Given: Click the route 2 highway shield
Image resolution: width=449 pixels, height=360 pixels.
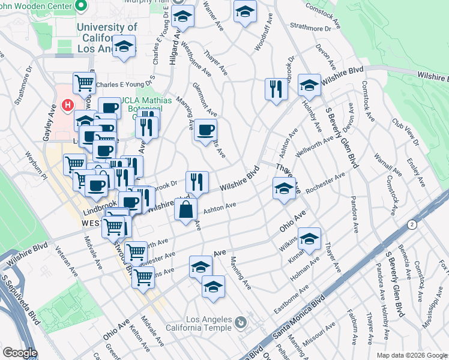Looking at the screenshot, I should tap(412, 224).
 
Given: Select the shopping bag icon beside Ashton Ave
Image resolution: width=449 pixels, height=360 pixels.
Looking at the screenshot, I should tap(186, 209).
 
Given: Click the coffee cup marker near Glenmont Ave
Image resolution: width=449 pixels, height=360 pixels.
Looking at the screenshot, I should tap(205, 130).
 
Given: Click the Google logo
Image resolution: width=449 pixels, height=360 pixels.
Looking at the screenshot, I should tap(20, 353).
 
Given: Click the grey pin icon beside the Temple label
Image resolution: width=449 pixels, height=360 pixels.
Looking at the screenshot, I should tap(241, 322).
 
